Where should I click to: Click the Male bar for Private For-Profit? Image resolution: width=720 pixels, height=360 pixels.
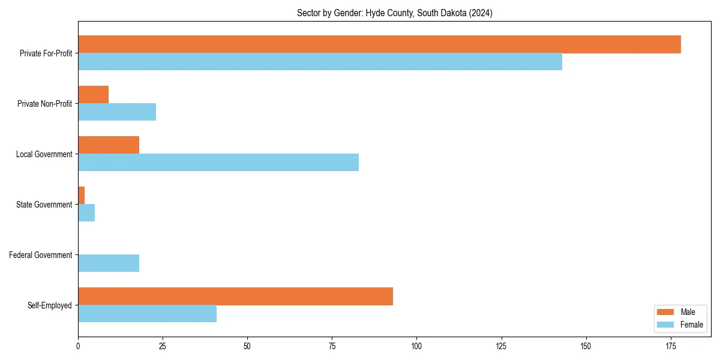379,44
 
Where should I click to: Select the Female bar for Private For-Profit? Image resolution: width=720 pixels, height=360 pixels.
320,62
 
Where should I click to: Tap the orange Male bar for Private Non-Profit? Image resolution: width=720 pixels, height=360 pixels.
93,95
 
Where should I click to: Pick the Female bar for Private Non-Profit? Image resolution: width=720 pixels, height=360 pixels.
117,112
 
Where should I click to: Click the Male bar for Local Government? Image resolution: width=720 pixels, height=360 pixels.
109,145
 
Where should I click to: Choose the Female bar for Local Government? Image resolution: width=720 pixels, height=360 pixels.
218,163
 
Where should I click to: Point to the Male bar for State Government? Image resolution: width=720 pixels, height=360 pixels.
82,196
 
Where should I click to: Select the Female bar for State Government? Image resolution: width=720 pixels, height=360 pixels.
86,213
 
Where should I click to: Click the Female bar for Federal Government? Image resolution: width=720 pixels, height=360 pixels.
109,263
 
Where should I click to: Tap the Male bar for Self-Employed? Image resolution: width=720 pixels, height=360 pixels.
235,296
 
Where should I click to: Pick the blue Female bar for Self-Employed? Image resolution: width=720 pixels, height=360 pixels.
147,314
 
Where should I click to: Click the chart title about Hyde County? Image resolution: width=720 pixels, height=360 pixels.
394,13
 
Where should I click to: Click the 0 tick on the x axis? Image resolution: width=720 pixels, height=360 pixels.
78,346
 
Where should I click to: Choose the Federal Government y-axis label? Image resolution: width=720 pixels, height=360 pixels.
41,255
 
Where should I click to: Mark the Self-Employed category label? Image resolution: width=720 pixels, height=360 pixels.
50,305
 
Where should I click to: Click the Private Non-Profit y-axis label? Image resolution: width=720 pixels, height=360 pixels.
44,104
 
